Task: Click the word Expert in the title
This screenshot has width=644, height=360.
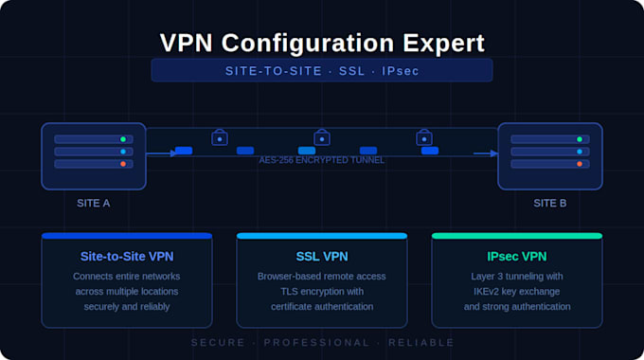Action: [443, 44]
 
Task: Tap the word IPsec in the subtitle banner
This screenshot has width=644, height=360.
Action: [401, 71]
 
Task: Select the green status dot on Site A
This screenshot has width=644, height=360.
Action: [123, 139]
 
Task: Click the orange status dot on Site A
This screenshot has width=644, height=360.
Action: [123, 164]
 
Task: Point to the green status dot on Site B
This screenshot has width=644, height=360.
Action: [580, 139]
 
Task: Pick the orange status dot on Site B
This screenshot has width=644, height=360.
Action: [580, 164]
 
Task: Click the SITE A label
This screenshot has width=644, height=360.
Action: [93, 204]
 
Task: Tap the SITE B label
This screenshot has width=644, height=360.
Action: [550, 204]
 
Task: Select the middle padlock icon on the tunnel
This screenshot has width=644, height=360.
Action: [322, 137]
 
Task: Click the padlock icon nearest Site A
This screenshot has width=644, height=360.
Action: [220, 137]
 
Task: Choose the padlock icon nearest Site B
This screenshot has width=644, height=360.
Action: [424, 137]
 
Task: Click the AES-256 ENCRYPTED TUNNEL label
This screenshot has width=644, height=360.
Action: [322, 160]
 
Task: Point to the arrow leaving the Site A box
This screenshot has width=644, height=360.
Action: [161, 153]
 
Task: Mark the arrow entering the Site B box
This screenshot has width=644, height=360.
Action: [486, 153]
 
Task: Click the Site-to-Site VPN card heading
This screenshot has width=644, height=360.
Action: [127, 257]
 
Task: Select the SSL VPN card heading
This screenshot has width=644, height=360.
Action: [322, 257]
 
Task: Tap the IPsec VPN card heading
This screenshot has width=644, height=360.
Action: [517, 257]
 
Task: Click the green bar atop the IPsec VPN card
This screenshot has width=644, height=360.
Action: [517, 236]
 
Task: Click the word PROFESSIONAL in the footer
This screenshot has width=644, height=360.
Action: [316, 343]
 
